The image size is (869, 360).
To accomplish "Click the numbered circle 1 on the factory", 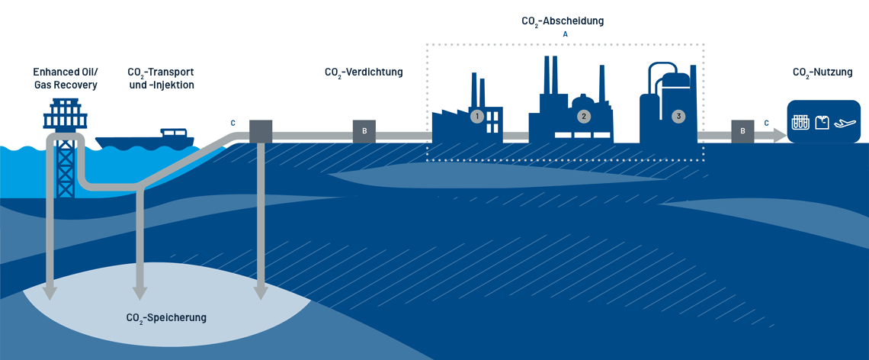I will (x=477, y=117).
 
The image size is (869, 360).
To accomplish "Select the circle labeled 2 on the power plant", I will (x=584, y=117).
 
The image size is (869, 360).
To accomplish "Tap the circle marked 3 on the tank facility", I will (x=678, y=117).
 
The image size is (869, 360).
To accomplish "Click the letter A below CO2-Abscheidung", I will (x=565, y=34).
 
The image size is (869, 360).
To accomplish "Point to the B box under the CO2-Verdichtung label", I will (x=364, y=131).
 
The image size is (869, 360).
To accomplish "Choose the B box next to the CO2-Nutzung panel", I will (x=742, y=131).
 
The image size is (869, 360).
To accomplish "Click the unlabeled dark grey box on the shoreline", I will (x=261, y=131).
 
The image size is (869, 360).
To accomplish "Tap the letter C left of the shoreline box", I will (x=233, y=123).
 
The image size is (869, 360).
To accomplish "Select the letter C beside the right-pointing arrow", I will (x=766, y=122).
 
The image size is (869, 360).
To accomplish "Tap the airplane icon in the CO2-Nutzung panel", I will (x=845, y=122).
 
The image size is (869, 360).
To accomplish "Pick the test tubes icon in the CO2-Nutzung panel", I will (x=800, y=122).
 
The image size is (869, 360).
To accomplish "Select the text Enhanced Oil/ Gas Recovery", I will (x=65, y=79).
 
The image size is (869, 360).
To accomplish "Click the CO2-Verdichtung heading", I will (x=364, y=72).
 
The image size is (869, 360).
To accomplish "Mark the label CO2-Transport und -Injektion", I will (x=161, y=79).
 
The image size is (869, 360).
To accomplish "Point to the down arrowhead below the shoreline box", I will (x=261, y=292).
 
